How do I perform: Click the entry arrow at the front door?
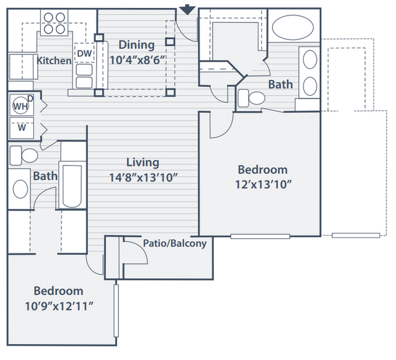187,10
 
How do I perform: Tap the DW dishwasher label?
84,53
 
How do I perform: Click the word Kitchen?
54,61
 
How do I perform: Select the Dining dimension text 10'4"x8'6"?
138,60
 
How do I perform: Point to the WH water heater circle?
20,105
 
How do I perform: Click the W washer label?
22,128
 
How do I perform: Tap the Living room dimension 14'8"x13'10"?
143,177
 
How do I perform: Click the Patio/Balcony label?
175,244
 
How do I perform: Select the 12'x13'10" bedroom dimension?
263,185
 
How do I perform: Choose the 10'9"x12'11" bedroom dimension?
59,306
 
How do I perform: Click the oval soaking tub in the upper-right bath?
293,27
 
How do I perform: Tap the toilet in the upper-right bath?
251,98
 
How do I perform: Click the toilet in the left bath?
24,156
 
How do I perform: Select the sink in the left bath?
20,189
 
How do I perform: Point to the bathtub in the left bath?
72,186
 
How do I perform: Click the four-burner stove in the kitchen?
55,23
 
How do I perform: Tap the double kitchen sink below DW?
84,76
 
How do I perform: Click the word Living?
143,162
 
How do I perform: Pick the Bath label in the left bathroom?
45,176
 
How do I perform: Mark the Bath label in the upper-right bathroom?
281,84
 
